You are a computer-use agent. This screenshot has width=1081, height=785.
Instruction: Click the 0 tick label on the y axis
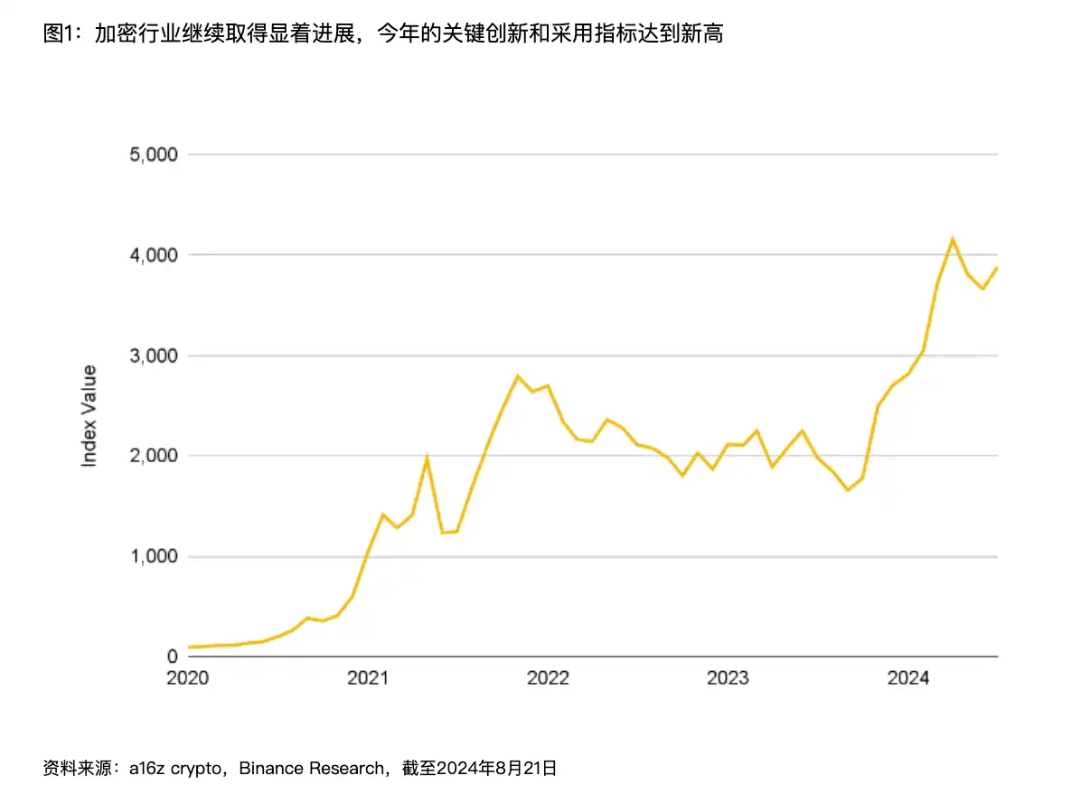click(x=171, y=657)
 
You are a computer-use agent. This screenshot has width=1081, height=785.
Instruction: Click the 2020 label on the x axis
click(x=188, y=678)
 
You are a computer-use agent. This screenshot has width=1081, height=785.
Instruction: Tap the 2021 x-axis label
click(x=368, y=678)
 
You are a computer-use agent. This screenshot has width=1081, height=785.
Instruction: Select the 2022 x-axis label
click(x=548, y=678)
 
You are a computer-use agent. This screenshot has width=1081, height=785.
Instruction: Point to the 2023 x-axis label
click(x=728, y=678)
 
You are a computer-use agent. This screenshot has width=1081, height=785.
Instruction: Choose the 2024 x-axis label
click(x=907, y=678)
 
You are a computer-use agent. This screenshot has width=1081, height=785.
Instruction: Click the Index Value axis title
click(x=89, y=415)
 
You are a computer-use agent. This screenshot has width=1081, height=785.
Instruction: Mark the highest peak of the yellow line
click(x=953, y=239)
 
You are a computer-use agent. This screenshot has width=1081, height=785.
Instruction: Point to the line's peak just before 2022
click(x=518, y=375)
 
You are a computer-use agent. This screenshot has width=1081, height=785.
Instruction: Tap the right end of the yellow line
click(x=997, y=267)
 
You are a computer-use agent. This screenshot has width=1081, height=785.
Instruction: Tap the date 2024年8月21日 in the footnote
click(x=497, y=769)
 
